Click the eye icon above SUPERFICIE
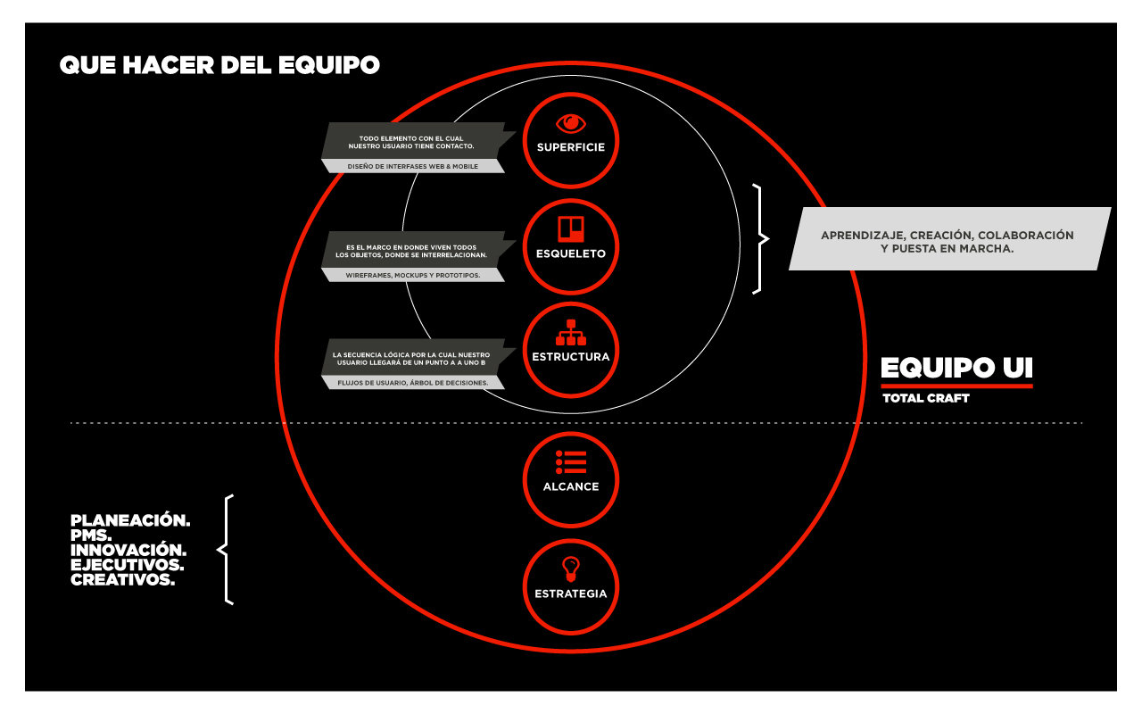tap(570, 123)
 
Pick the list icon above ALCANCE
tap(570, 461)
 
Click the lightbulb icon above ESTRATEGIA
tap(570, 568)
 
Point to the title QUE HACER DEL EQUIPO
tap(219, 65)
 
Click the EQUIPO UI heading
tap(956, 368)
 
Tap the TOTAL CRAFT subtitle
tap(925, 398)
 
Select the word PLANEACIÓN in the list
tap(130, 519)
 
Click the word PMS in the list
tap(90, 535)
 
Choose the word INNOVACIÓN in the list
tap(128, 550)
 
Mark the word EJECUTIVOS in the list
tap(128, 565)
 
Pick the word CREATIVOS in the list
tap(122, 580)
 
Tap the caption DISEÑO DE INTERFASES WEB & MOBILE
tap(412, 166)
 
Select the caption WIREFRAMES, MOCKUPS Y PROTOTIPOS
tap(412, 275)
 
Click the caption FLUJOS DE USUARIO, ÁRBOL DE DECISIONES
tap(412, 383)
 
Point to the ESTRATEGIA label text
tap(570, 594)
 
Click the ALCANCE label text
tap(570, 486)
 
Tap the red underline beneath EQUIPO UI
tap(956, 386)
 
